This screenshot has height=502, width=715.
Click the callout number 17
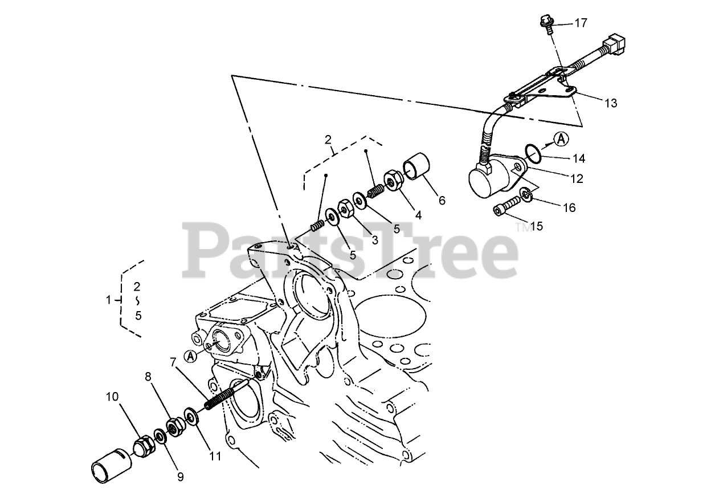[x=581, y=23]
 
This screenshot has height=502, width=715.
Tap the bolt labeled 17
[x=547, y=23]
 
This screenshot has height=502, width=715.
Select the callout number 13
[x=611, y=103]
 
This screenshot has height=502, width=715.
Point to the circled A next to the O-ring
[x=562, y=139]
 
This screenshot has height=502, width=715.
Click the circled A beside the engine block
[x=191, y=356]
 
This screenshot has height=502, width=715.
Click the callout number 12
[x=577, y=178]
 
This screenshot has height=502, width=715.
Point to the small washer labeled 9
[x=160, y=436]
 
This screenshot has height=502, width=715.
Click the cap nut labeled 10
[x=144, y=446]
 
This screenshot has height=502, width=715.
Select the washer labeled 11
[x=191, y=416]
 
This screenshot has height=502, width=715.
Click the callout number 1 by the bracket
[x=108, y=300]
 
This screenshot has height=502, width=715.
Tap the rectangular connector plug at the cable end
[x=614, y=44]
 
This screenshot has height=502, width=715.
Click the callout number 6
[x=442, y=201]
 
